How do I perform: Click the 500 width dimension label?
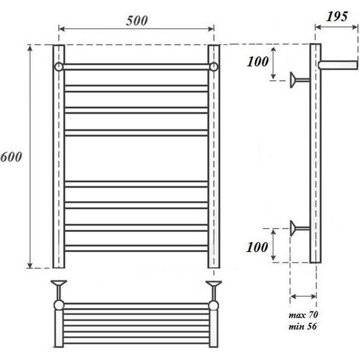click(136, 20)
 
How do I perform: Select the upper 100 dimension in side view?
click(258, 62)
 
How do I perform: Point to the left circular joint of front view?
click(58, 66)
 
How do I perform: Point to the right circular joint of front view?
click(214, 66)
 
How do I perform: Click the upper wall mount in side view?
click(295, 80)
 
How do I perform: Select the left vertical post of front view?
click(58, 158)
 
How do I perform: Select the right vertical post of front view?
click(214, 158)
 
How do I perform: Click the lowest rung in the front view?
click(136, 249)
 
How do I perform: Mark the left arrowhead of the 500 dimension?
click(61, 28)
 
